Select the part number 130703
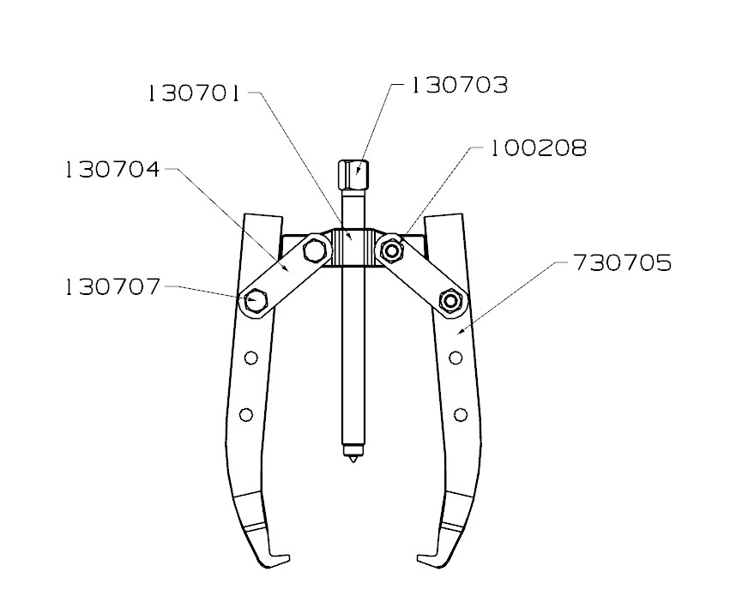pyautogui.click(x=460, y=86)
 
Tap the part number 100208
pyautogui.click(x=539, y=148)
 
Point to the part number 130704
pyautogui.click(x=112, y=170)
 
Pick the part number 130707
pyautogui.click(x=112, y=287)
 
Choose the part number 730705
pyautogui.click(x=623, y=262)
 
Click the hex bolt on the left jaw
pyautogui.click(x=255, y=300)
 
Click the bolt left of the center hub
pyautogui.click(x=313, y=250)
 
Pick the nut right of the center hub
pyautogui.click(x=393, y=250)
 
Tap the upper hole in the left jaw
pyautogui.click(x=250, y=358)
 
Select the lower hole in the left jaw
pyautogui.click(x=247, y=415)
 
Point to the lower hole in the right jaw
pyautogui.click(x=460, y=415)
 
